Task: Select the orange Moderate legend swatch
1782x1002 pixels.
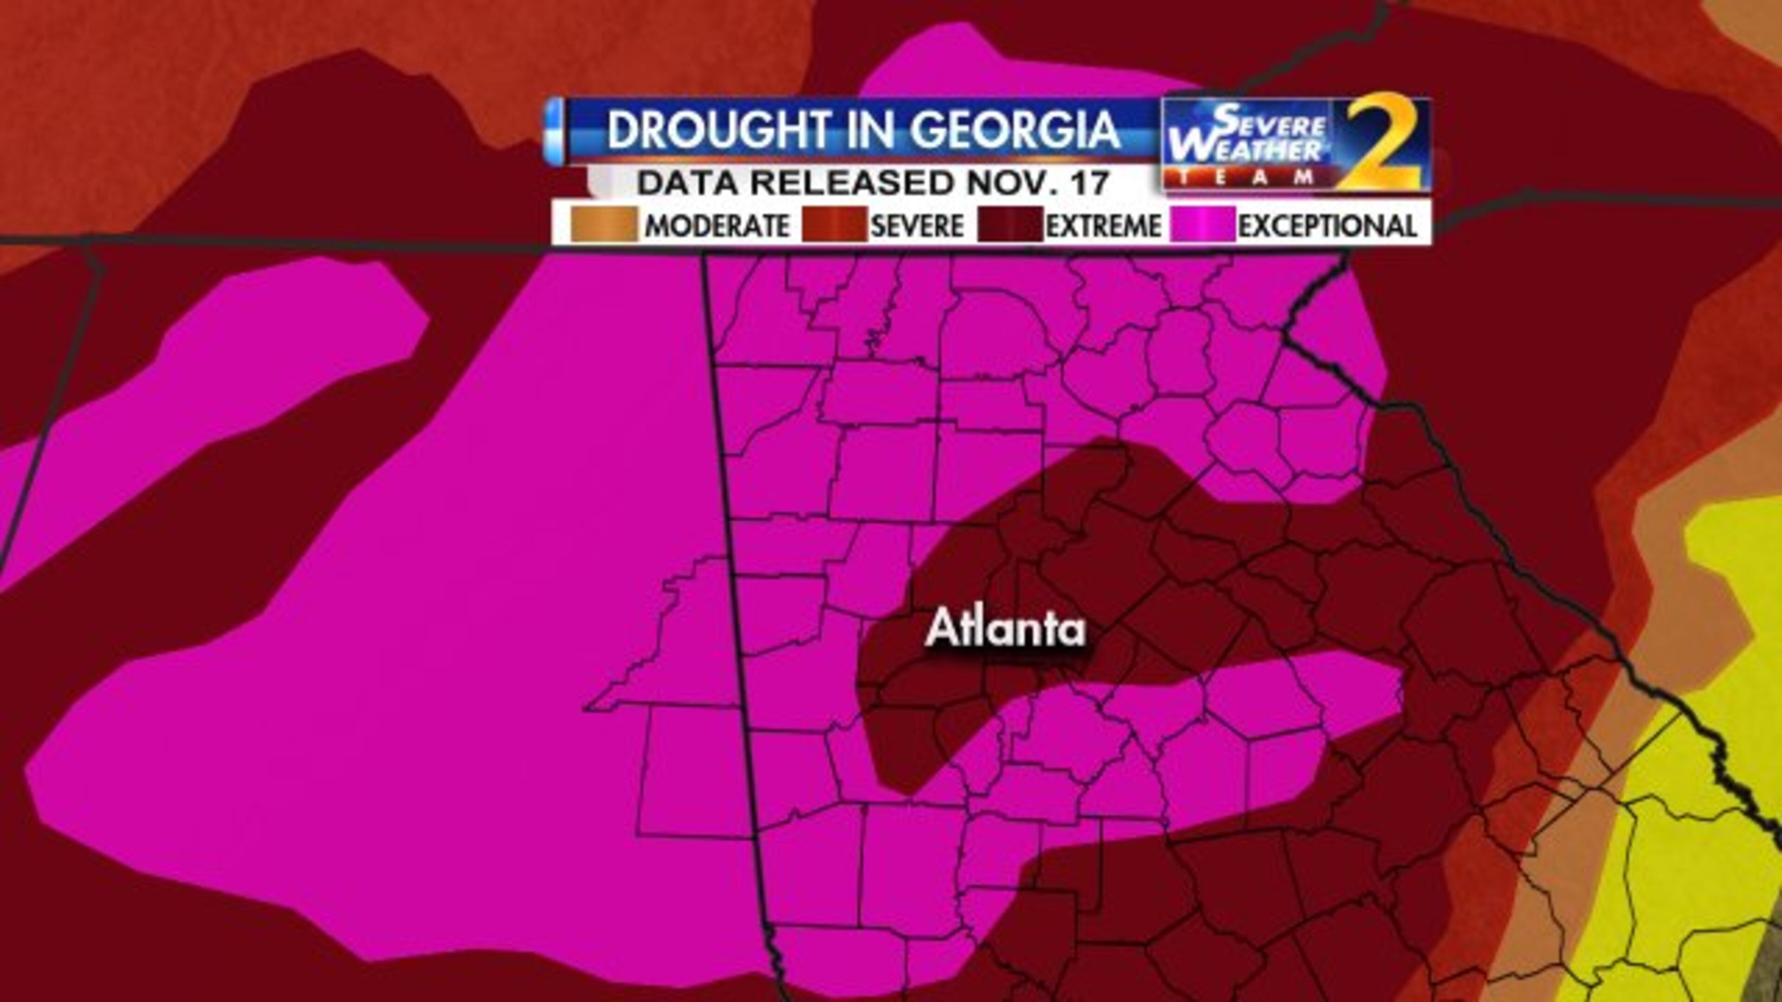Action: pos(603,225)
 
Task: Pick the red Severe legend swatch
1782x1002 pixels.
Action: pos(833,225)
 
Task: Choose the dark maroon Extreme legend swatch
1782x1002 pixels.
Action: pos(1009,225)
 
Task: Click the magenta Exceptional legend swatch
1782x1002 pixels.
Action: pos(1202,225)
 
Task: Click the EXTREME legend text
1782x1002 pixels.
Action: pos(1104,226)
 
